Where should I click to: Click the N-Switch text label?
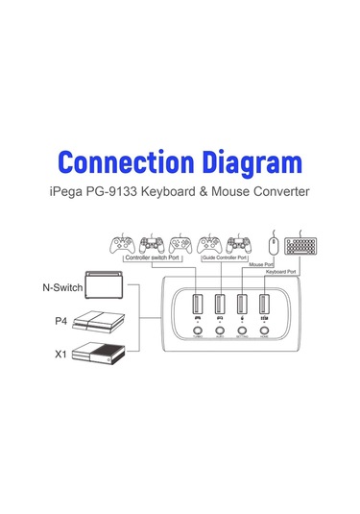[60, 285]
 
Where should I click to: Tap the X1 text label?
[60, 354]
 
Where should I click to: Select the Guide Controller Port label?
[224, 258]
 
